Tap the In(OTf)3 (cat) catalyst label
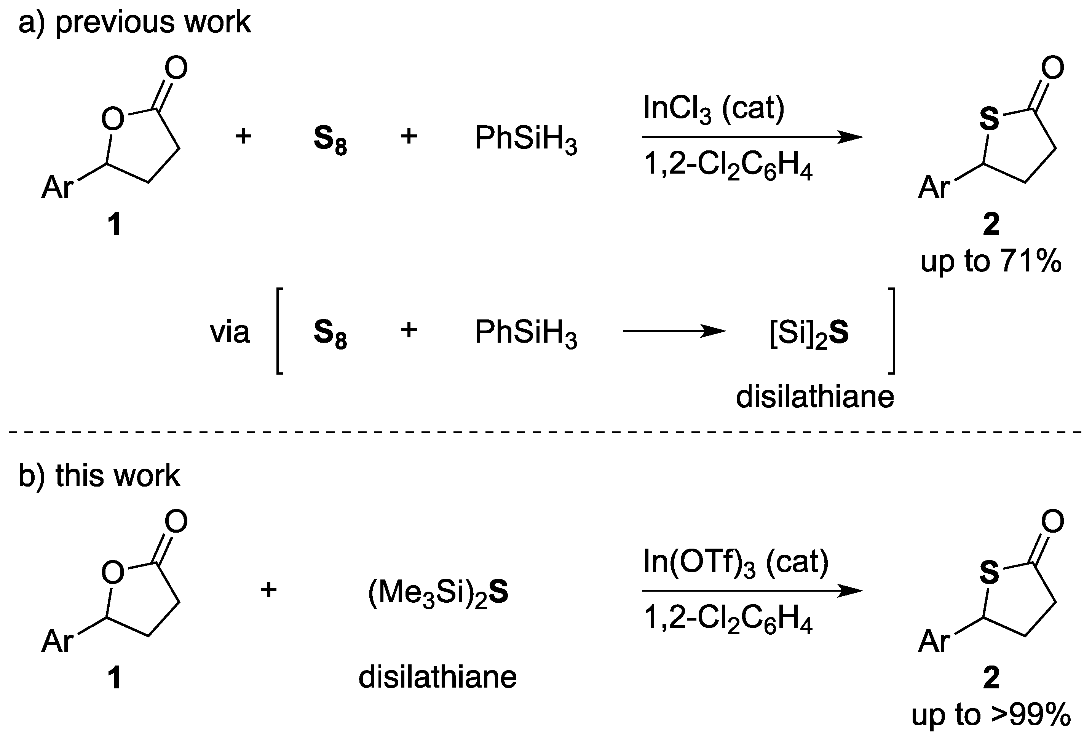pyautogui.click(x=735, y=563)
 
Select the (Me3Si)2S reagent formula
pyautogui.click(x=438, y=593)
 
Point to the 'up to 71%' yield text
pyautogui.click(x=990, y=261)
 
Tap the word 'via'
pyautogui.click(x=230, y=332)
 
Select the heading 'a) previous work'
pyautogui.click(x=134, y=22)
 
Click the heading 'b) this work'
pyautogui.click(x=99, y=476)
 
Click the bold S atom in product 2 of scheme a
pyautogui.click(x=989, y=119)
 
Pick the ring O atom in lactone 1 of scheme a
pyautogui.click(x=113, y=119)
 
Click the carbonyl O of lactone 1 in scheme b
pyautogui.click(x=176, y=522)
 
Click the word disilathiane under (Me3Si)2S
pyautogui.click(x=437, y=677)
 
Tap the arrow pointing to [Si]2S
pyautogui.click(x=674, y=332)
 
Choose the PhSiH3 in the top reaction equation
pyautogui.click(x=525, y=139)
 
